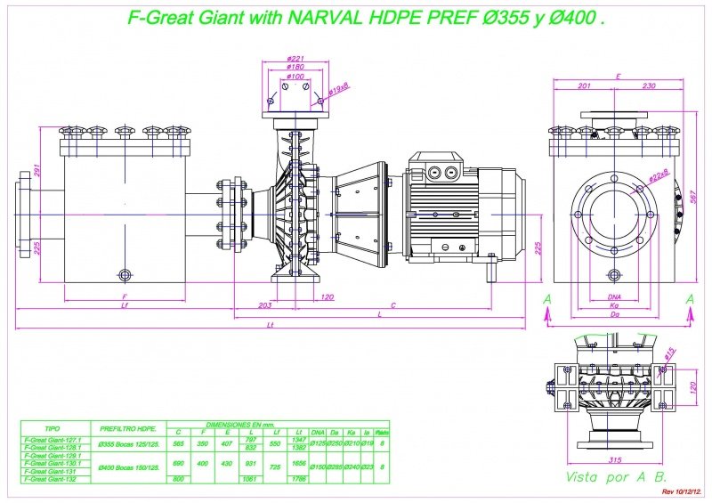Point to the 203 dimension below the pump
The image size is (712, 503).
pyautogui.click(x=263, y=305)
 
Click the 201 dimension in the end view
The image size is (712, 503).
pyautogui.click(x=584, y=86)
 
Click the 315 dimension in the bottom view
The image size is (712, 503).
pyautogui.click(x=612, y=460)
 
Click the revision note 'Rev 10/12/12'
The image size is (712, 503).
pyautogui.click(x=682, y=491)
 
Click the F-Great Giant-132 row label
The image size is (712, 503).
pyautogui.click(x=53, y=479)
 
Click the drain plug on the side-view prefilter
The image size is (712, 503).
pyautogui.click(x=124, y=273)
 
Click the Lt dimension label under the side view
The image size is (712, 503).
pyautogui.click(x=271, y=326)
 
